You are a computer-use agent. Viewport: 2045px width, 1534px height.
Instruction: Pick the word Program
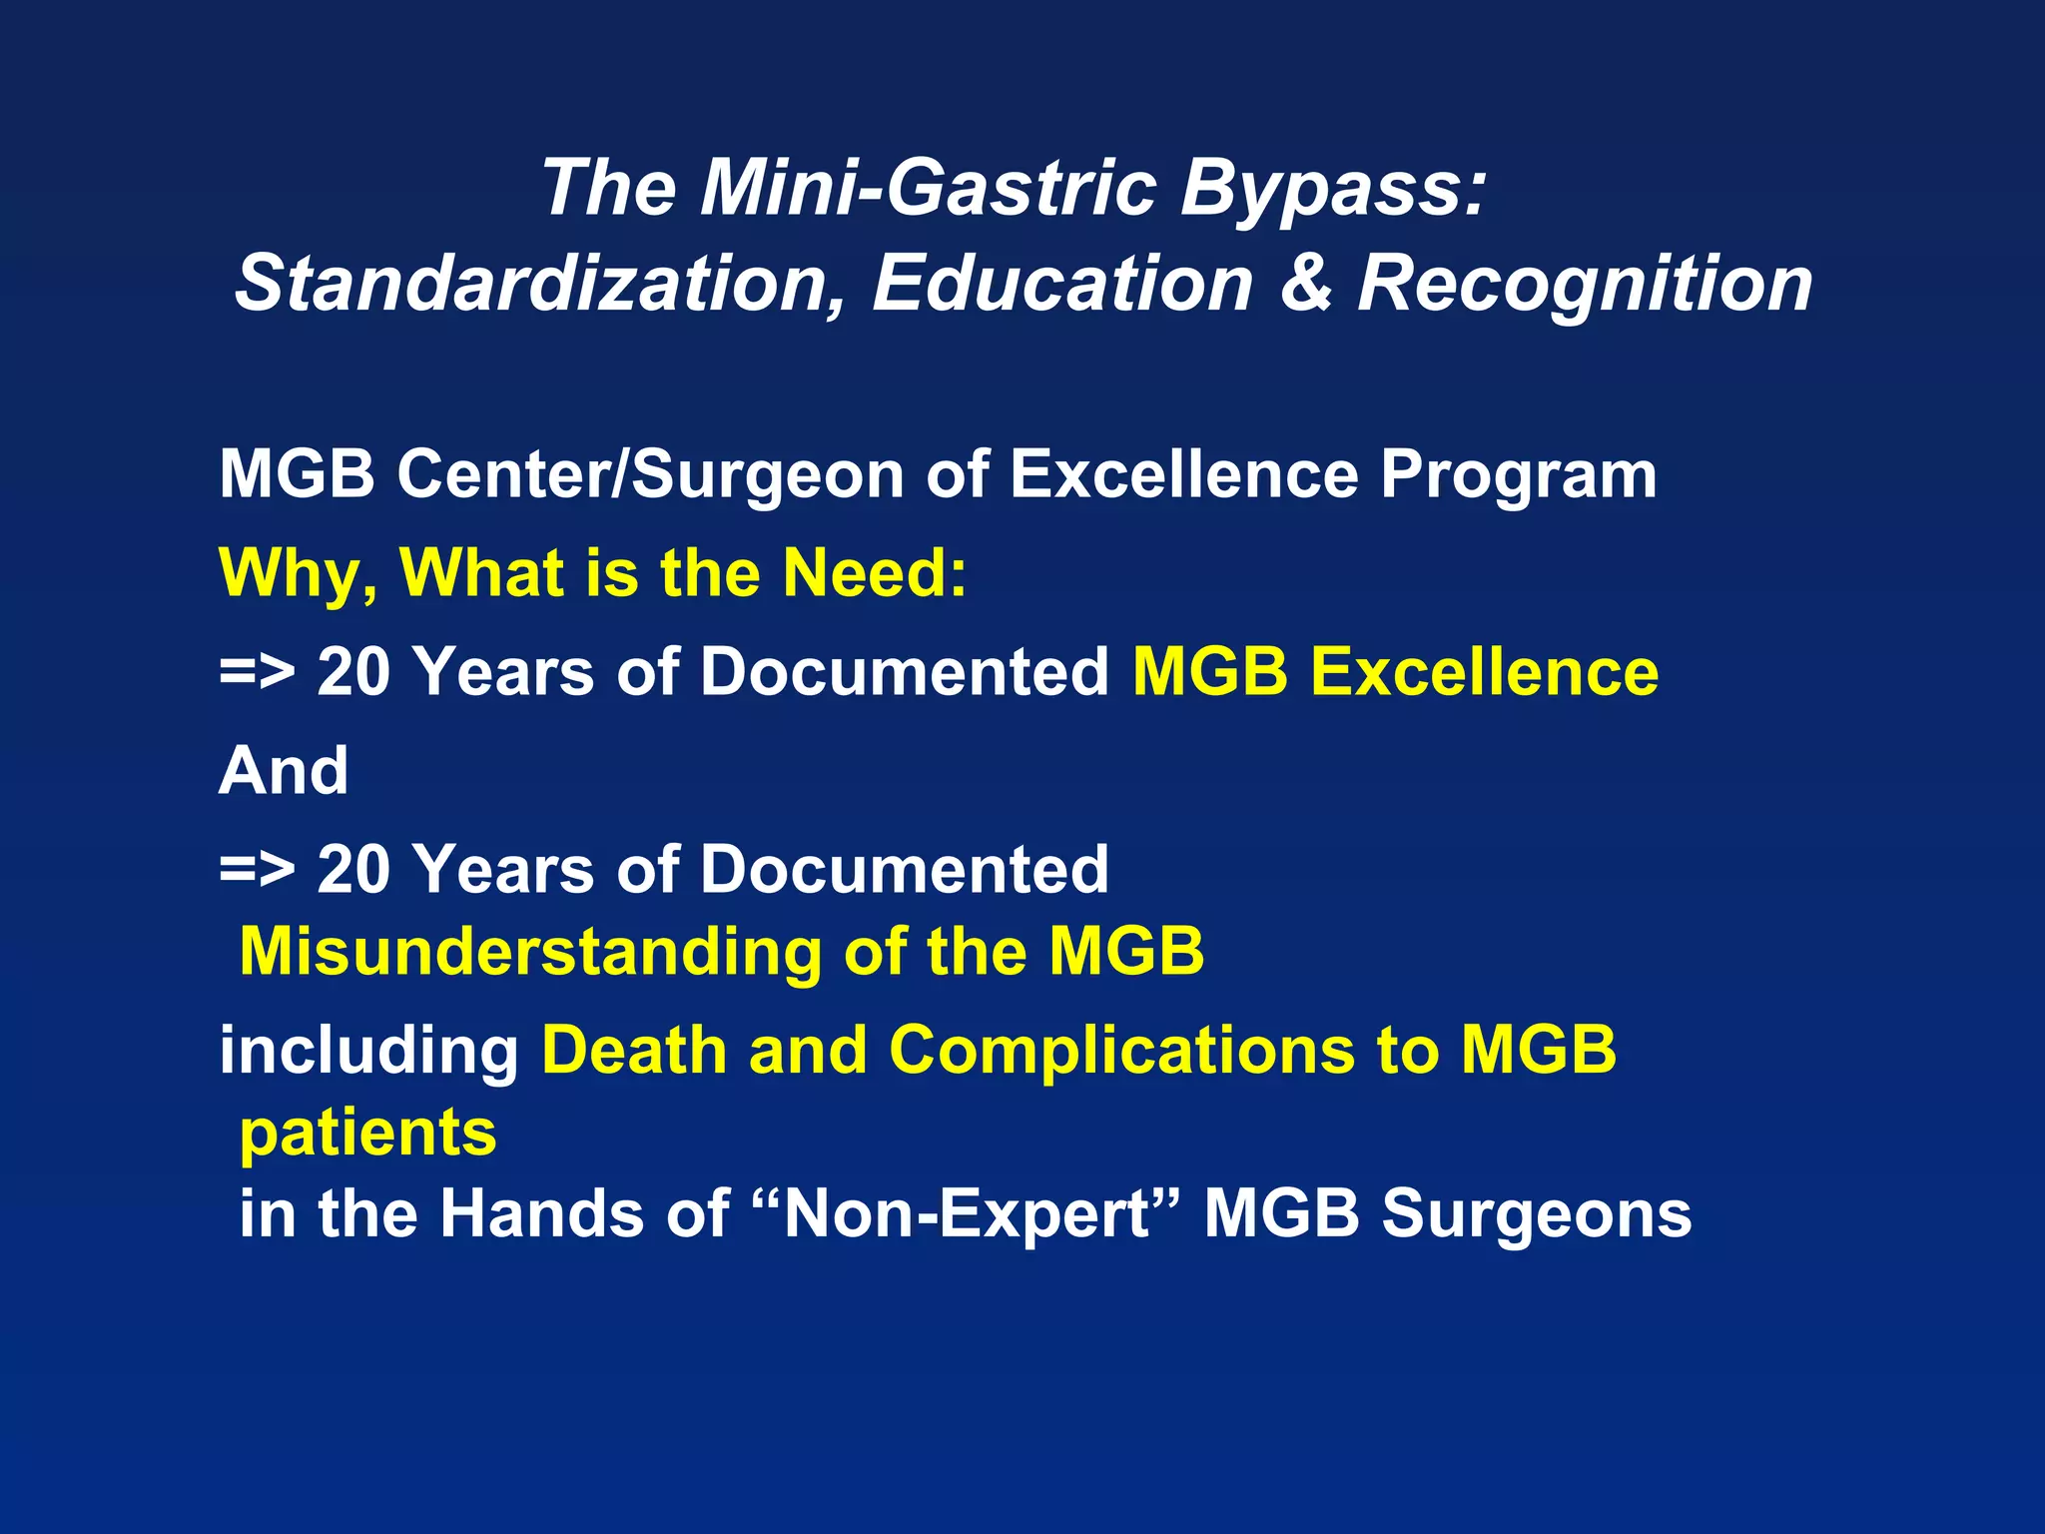(1518, 476)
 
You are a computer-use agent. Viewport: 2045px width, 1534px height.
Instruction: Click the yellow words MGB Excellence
(1395, 672)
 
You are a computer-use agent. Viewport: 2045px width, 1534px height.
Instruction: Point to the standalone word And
(284, 771)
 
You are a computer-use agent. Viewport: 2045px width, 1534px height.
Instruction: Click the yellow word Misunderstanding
(530, 952)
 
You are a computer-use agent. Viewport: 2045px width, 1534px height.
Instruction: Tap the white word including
(368, 1053)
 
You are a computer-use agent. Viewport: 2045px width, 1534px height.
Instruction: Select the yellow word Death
(633, 1051)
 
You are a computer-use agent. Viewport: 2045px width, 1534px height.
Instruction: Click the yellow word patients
(367, 1135)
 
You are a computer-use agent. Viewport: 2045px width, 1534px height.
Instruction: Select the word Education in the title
(1061, 285)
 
